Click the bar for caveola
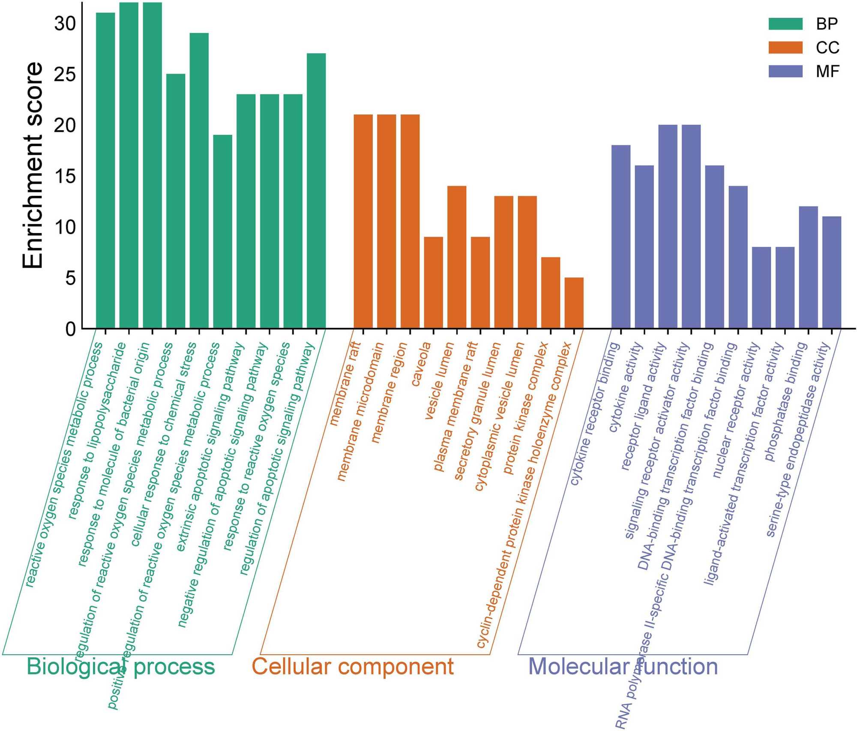click(433, 283)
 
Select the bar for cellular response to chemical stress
click(199, 180)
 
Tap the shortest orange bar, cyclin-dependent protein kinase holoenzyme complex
click(574, 303)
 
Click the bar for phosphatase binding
click(808, 267)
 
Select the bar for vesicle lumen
click(457, 257)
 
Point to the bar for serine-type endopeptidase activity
click(831, 273)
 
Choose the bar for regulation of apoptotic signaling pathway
click(316, 191)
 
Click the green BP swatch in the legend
click(785, 24)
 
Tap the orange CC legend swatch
click(785, 48)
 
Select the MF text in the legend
click(827, 72)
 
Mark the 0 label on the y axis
click(71, 329)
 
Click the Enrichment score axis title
click(33, 165)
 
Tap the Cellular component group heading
click(352, 666)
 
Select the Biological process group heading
click(121, 666)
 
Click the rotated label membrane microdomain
click(360, 411)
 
